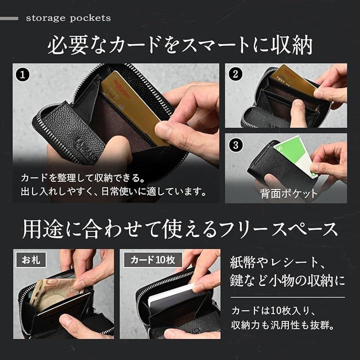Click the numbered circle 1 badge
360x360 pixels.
pos(22,74)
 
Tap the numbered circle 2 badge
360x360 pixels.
pos(235,74)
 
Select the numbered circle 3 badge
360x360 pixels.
pos(235,145)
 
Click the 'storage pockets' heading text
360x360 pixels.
pos(68,18)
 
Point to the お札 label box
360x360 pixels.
pos(31,259)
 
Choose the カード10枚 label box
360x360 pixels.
pos(153,259)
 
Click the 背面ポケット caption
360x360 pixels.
pos(289,193)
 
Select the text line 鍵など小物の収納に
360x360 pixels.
pos(287,280)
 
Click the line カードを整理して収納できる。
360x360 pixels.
pos(83,178)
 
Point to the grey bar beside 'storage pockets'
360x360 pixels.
pos(9,18)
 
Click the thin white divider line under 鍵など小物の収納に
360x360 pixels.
pos(287,297)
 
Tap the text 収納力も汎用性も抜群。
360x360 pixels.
pos(283,325)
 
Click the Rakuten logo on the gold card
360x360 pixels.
pos(122,89)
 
